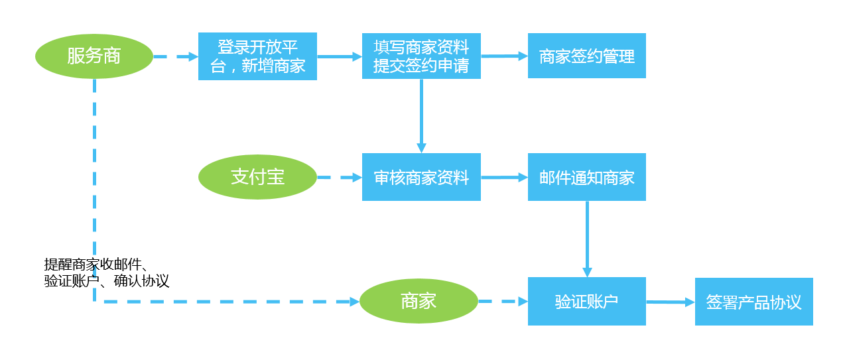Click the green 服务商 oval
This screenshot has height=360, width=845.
[94, 56]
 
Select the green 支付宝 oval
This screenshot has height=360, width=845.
[257, 177]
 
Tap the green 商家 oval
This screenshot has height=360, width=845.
[419, 302]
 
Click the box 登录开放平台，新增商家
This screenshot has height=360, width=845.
[257, 56]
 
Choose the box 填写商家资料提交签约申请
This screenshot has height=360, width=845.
[421, 56]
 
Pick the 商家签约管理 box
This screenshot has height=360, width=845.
[586, 56]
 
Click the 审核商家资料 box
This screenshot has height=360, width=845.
[421, 177]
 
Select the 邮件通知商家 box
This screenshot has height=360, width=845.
[586, 177]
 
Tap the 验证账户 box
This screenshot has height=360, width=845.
[586, 302]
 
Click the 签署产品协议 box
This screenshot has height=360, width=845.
[753, 302]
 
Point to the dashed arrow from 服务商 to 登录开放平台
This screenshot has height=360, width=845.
[176, 57]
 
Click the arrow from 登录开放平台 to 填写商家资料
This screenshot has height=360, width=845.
[339, 57]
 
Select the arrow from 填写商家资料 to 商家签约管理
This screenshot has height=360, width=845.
[504, 56]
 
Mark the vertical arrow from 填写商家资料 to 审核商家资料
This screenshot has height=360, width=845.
[421, 116]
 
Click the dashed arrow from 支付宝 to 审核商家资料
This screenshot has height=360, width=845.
[340, 178]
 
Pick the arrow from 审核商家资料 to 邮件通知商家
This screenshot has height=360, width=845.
[504, 178]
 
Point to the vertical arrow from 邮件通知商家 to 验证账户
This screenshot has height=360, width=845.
[587, 239]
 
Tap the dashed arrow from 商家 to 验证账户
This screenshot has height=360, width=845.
[503, 302]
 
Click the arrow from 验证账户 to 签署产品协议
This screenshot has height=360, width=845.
[670, 302]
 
